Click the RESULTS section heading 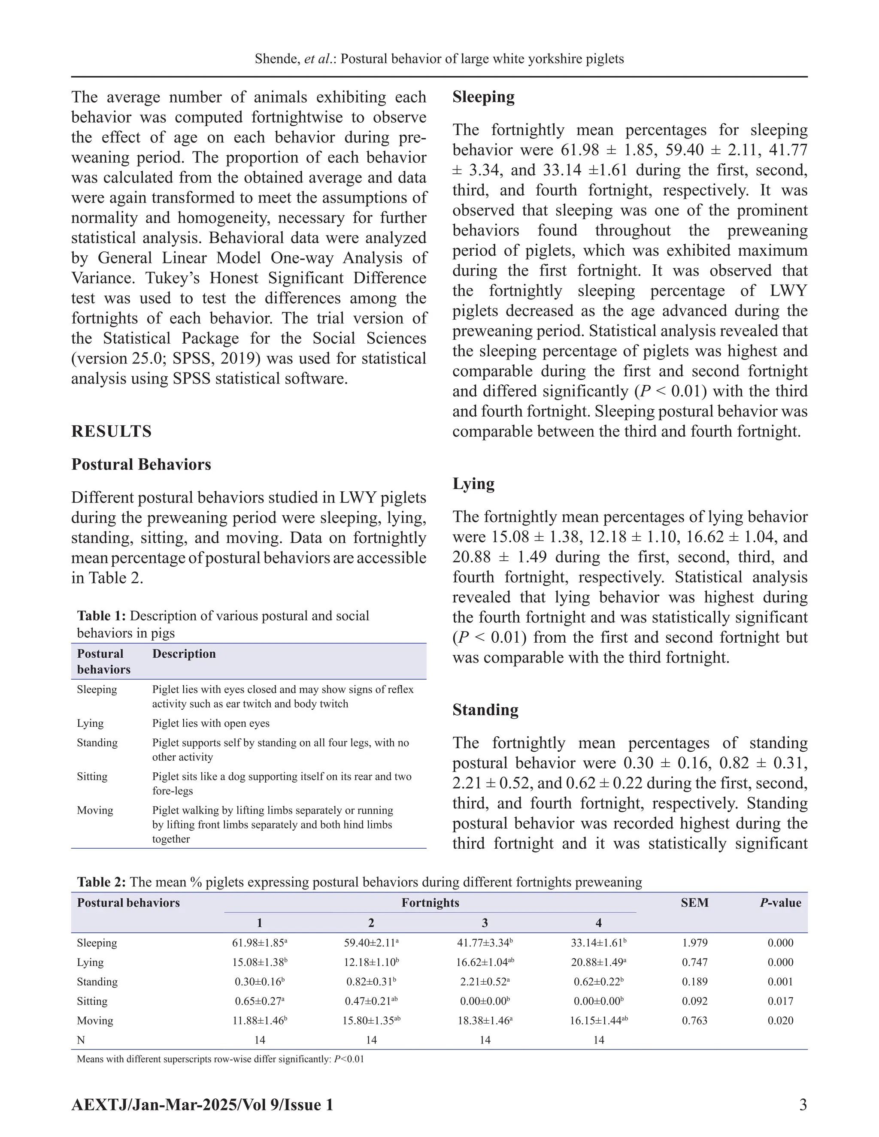coord(112,431)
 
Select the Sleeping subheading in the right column coord(483,97)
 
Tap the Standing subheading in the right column coord(485,710)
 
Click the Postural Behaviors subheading coord(141,464)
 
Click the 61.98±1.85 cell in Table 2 coord(259,943)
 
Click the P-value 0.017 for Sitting coord(780,1001)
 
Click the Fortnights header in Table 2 coord(430,903)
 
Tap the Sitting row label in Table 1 coord(92,776)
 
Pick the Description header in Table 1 coord(184,654)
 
